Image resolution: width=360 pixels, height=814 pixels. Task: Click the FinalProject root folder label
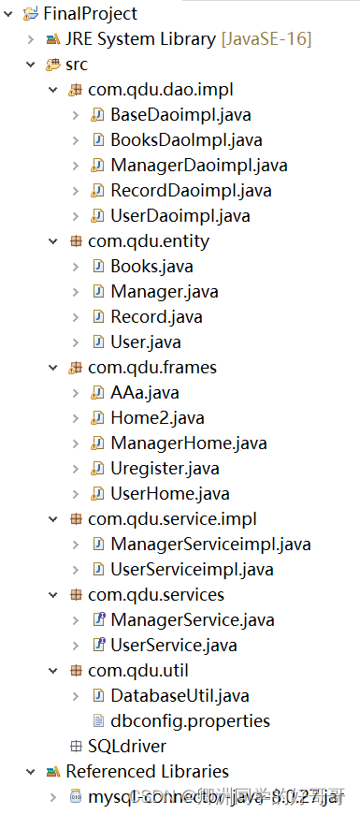pyautogui.click(x=90, y=14)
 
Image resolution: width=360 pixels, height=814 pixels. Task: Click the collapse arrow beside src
pyautogui.click(x=31, y=65)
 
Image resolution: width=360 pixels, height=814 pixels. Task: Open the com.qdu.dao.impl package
pyautogui.click(x=160, y=90)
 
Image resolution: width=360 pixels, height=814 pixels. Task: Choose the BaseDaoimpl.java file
pyautogui.click(x=180, y=115)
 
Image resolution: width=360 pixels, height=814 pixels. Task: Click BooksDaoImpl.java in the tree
pyautogui.click(x=185, y=140)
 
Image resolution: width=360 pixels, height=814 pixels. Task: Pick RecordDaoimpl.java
pyautogui.click(x=191, y=191)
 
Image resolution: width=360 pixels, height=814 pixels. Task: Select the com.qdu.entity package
pyautogui.click(x=148, y=241)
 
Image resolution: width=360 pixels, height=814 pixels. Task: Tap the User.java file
pyautogui.click(x=145, y=342)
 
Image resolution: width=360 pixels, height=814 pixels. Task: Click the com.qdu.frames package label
pyautogui.click(x=152, y=367)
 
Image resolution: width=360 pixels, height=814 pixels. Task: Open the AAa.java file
pyautogui.click(x=145, y=392)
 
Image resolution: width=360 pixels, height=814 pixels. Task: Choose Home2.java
pyautogui.click(x=157, y=417)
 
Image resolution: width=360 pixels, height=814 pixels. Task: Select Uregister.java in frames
pyautogui.click(x=165, y=468)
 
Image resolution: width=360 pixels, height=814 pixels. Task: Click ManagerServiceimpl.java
pyautogui.click(x=210, y=544)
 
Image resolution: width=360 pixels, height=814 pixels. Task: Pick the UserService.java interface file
pyautogui.click(x=173, y=645)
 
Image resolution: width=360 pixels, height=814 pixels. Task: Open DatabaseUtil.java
pyautogui.click(x=180, y=695)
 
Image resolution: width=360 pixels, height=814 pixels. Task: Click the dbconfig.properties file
pyautogui.click(x=190, y=720)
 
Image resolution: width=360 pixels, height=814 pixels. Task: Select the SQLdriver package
pyautogui.click(x=126, y=746)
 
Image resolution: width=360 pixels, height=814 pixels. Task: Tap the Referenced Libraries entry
pyautogui.click(x=147, y=771)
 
